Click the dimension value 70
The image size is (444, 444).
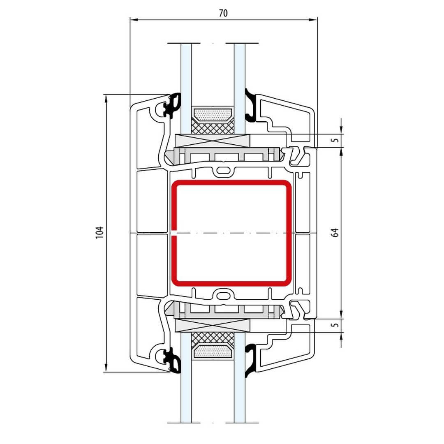223,13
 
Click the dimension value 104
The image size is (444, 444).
99,232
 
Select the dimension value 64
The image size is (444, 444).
335,232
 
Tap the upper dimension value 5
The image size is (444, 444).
335,140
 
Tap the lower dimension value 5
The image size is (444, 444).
335,324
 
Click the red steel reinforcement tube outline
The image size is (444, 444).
289,233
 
